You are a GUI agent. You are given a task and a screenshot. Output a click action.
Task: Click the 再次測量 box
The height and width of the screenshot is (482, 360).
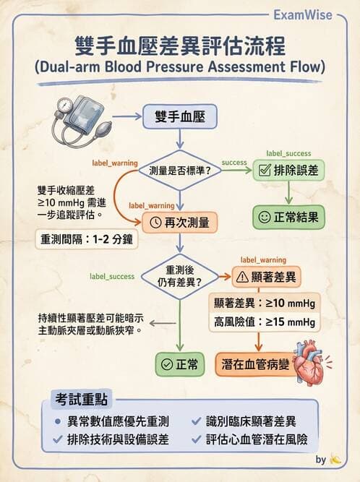click(180, 222)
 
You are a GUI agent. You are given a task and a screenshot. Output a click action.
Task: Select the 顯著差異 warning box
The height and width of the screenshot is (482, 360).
click(262, 276)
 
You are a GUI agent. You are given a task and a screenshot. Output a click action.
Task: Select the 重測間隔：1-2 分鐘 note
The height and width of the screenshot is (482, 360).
click(86, 239)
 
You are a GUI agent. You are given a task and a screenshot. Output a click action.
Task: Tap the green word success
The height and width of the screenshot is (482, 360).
click(234, 162)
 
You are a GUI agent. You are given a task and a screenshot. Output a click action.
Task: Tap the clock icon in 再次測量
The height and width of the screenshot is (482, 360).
click(155, 222)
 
